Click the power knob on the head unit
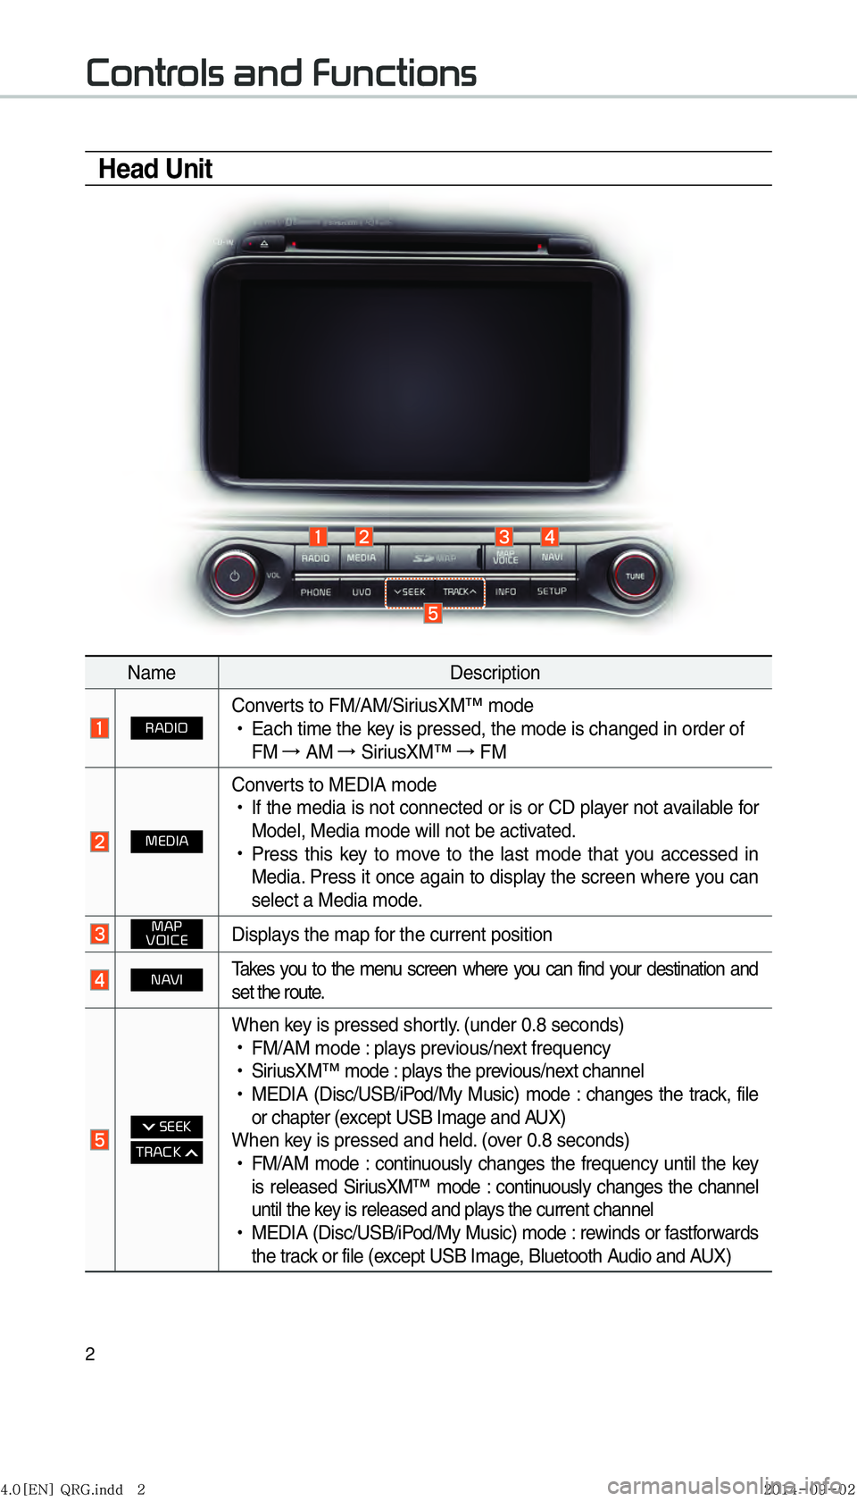(x=234, y=576)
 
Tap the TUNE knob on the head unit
(x=635, y=575)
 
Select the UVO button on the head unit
(x=361, y=592)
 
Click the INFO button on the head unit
(x=505, y=591)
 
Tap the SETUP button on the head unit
(x=552, y=591)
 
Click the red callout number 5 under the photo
(x=433, y=613)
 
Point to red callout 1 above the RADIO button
(x=318, y=536)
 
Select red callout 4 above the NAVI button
(x=550, y=536)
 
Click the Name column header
(x=151, y=673)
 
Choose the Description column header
(x=495, y=673)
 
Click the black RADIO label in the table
(x=167, y=728)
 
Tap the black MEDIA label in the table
(x=167, y=842)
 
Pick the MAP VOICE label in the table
(x=167, y=934)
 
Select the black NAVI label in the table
(x=167, y=980)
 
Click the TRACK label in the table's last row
(x=167, y=1153)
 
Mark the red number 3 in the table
(x=100, y=934)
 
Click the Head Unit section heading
(x=155, y=169)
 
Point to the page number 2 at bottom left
(x=90, y=1354)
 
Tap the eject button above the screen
(x=264, y=243)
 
